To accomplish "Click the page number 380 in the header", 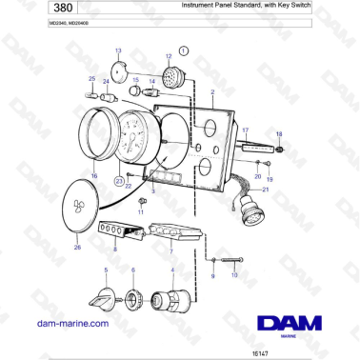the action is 32,10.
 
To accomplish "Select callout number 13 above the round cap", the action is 118,50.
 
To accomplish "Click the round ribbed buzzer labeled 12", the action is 170,75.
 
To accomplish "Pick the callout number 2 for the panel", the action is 212,92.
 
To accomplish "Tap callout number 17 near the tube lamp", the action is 245,130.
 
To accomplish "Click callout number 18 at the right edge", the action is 279,134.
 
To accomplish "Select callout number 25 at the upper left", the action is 91,79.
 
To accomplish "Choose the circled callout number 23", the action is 119,180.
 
